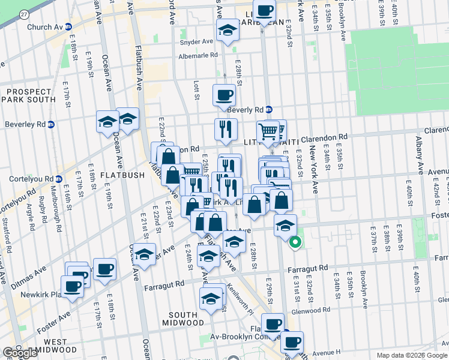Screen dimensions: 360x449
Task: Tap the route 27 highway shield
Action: [23, 14]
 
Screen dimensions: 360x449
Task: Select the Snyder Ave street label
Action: [196, 42]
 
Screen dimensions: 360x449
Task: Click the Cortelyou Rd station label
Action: [34, 179]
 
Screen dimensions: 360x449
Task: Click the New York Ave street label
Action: [312, 169]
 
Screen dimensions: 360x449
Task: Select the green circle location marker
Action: [295, 243]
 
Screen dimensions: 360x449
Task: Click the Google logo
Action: [20, 353]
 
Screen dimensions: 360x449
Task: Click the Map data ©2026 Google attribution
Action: [411, 355]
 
